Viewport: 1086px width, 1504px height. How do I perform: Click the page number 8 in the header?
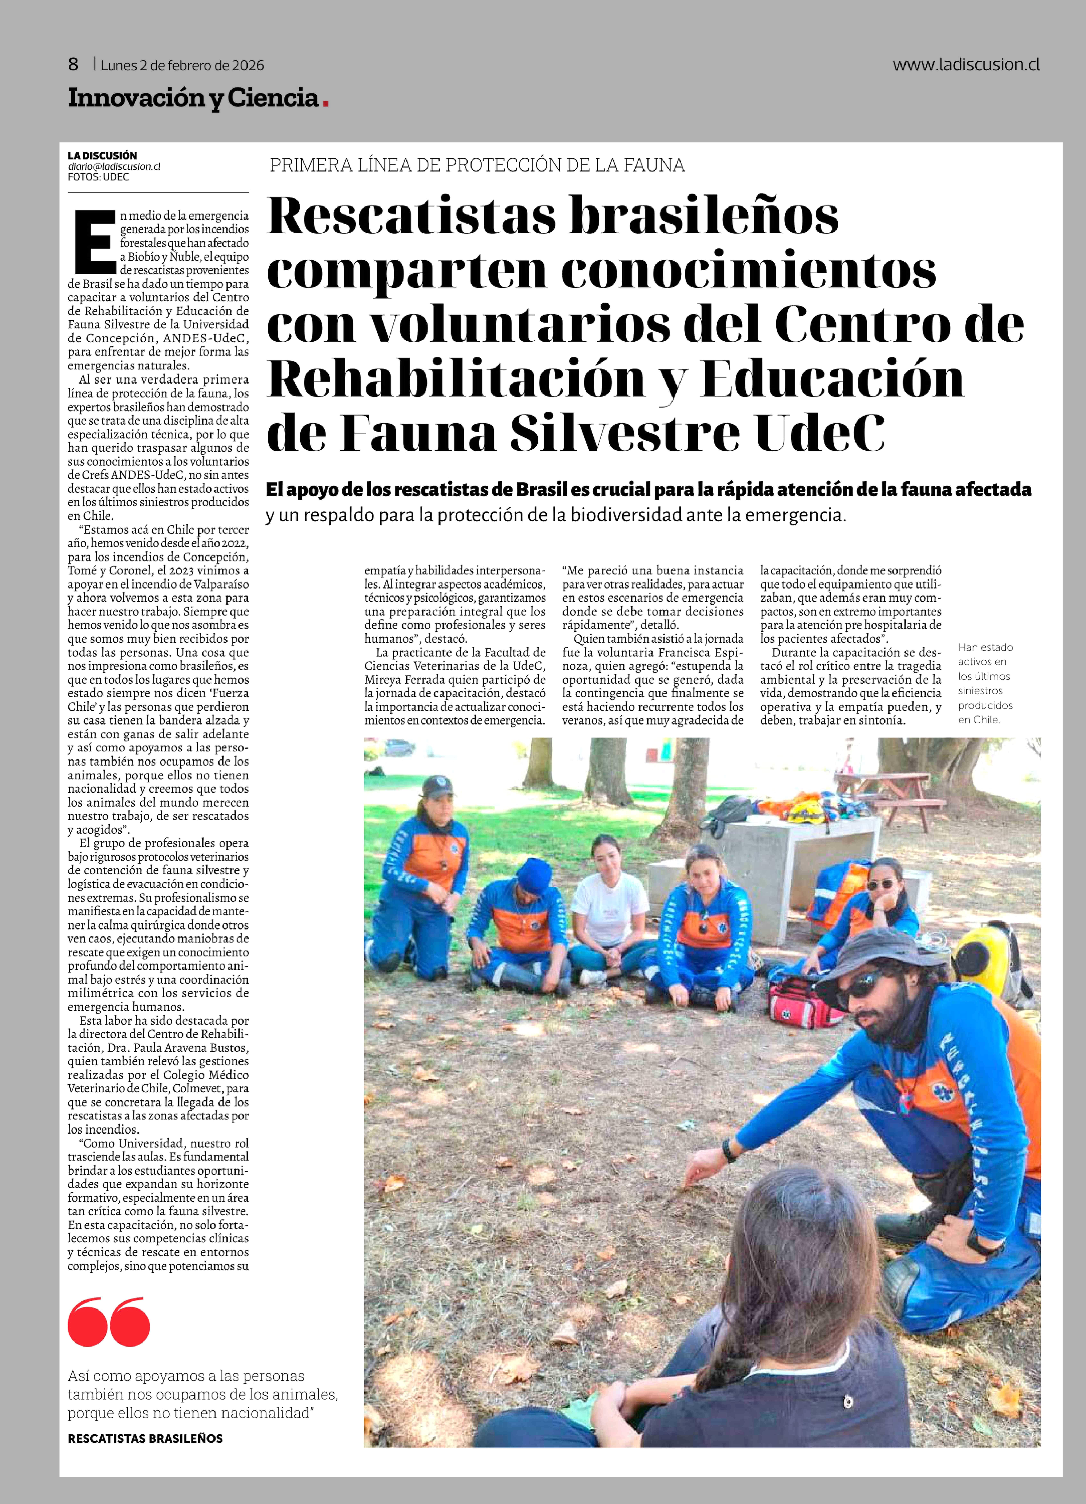click(73, 64)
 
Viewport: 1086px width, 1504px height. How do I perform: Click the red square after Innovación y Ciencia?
click(326, 101)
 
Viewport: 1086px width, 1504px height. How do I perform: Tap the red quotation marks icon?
click(109, 1322)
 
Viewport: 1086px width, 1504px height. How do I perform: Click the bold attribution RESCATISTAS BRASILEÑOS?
click(145, 1438)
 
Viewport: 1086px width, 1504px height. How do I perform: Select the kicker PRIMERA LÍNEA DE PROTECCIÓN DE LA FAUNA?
click(477, 165)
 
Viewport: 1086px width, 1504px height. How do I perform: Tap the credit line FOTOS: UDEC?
click(98, 177)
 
